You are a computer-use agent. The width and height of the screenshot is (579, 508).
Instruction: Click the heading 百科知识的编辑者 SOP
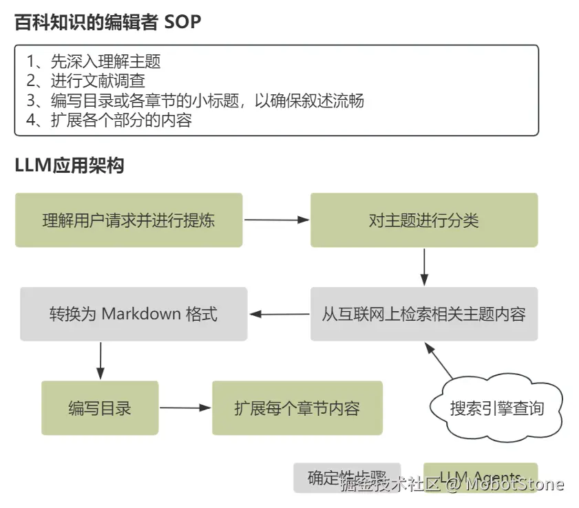[x=108, y=22]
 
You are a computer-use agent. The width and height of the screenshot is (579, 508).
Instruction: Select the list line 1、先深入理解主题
[x=94, y=61]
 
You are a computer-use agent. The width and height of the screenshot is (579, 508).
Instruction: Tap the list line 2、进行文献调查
[x=85, y=81]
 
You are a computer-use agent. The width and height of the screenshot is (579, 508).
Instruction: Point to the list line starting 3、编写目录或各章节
[x=195, y=101]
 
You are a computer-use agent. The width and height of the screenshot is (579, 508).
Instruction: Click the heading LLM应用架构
[x=70, y=166]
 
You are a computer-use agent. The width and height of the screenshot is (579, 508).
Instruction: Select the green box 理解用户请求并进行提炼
[x=129, y=220]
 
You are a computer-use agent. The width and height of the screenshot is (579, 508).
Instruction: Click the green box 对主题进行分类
[x=423, y=220]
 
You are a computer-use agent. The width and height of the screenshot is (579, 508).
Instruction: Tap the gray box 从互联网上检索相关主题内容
[x=423, y=315]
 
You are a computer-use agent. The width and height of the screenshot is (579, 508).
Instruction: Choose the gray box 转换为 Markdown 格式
[x=134, y=315]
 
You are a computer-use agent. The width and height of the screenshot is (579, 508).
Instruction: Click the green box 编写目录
[x=100, y=408]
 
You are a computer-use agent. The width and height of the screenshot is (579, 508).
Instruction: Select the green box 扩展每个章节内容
[x=297, y=408]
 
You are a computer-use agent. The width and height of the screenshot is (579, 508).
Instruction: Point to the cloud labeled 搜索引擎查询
[x=496, y=408]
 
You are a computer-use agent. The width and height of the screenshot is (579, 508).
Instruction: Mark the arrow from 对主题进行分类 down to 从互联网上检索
[x=424, y=266]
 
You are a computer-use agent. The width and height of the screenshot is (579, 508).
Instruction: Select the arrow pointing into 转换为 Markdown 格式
[x=279, y=315]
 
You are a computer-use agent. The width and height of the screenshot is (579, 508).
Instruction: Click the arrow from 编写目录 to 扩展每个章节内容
[x=185, y=408]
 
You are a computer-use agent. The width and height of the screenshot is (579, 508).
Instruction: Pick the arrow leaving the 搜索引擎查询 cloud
[x=438, y=360]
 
